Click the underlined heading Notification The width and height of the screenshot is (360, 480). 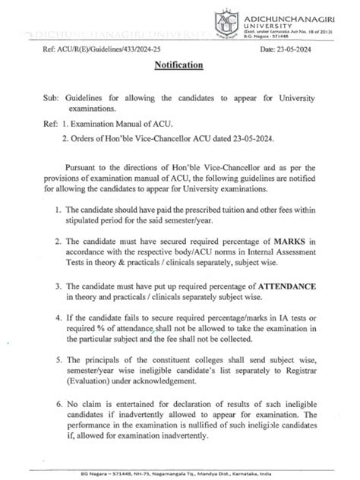pos(179,65)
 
